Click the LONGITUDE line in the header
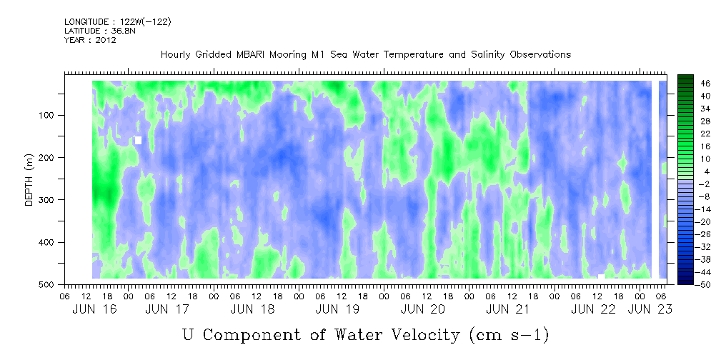pyautogui.click(x=118, y=21)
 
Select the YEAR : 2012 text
pyautogui.click(x=90, y=40)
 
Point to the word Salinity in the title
pyautogui.click(x=488, y=55)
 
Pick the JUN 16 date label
pyautogui.click(x=95, y=309)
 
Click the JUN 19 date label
pyautogui.click(x=337, y=309)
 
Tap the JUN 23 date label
pyautogui.click(x=650, y=309)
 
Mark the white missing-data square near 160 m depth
pyautogui.click(x=138, y=140)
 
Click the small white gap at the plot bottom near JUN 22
pyautogui.click(x=602, y=276)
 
